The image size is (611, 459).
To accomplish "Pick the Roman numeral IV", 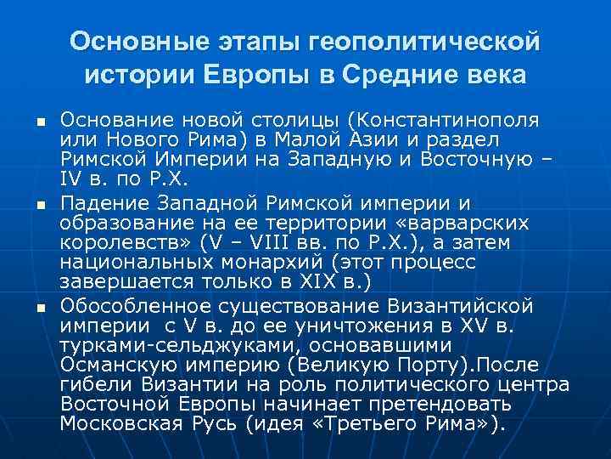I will click(x=71, y=179).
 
